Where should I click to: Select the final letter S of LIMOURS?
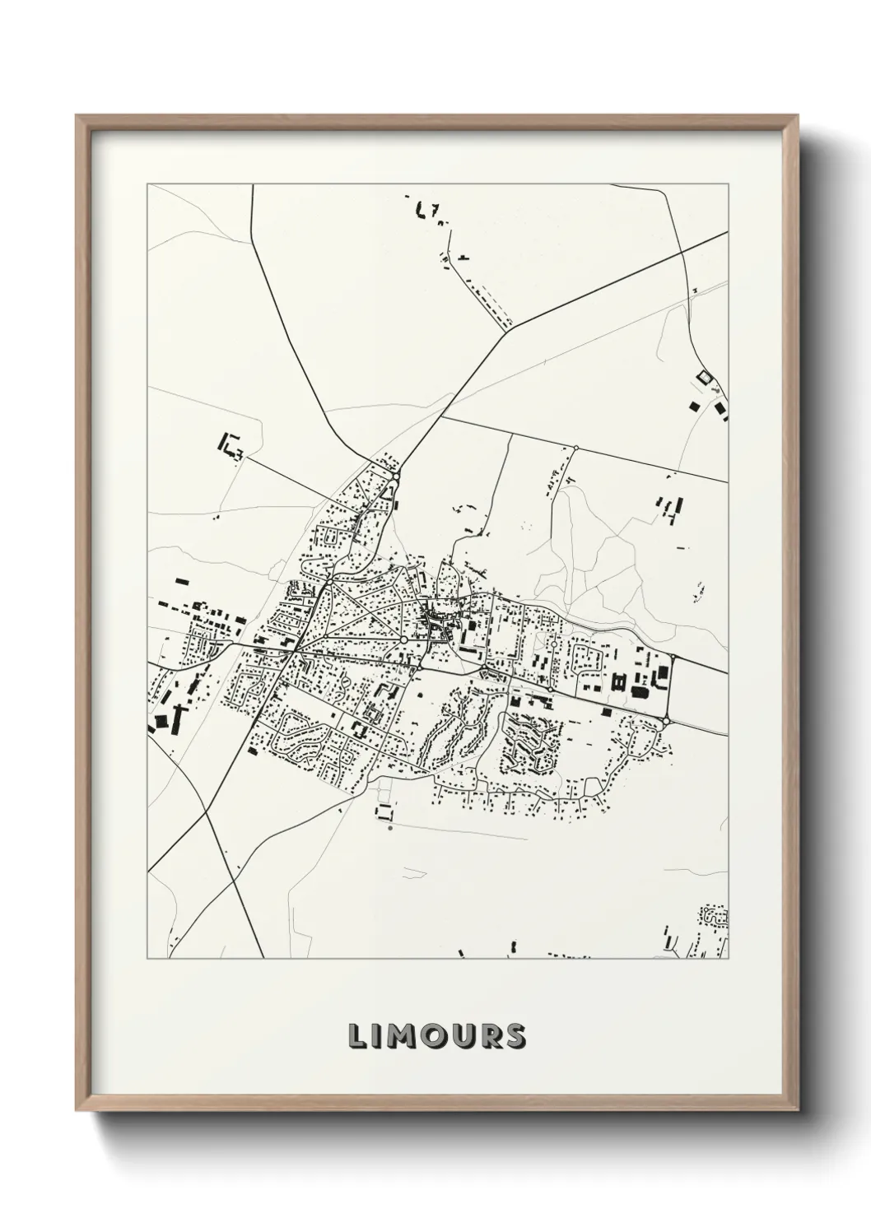(515, 1036)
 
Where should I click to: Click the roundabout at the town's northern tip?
(396, 476)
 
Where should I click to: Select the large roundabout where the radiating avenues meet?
(403, 639)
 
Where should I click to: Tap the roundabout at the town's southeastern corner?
(665, 723)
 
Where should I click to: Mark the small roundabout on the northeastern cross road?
(575, 449)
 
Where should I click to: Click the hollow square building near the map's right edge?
(702, 377)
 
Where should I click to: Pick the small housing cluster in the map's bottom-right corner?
(714, 914)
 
